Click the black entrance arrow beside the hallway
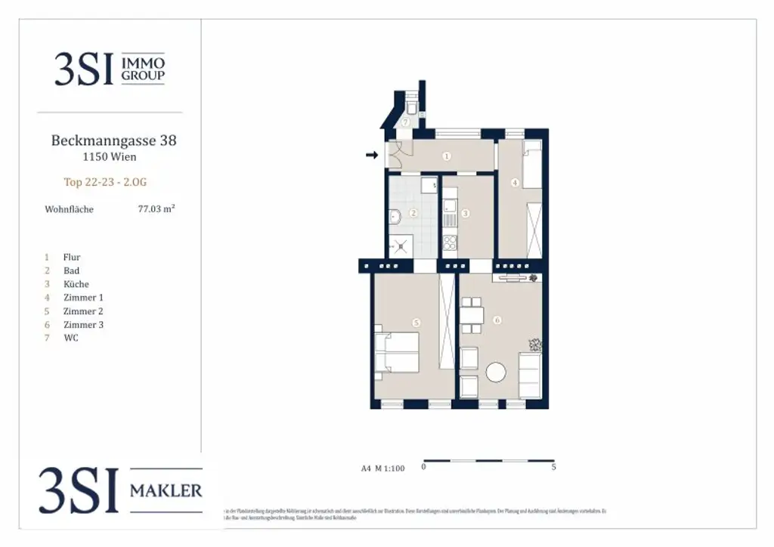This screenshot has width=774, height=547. point(371,156)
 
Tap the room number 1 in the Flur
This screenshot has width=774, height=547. point(447,156)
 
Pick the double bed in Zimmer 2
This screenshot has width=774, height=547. point(399,353)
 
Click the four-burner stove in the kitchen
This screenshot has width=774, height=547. point(450,243)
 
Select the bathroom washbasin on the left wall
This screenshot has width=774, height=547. point(394,216)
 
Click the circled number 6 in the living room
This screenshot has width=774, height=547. point(497,320)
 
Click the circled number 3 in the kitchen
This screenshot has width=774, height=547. point(466,214)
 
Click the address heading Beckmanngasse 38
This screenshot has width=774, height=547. point(113,141)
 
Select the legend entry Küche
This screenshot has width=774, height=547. point(76,284)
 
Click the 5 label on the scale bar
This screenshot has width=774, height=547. point(554,468)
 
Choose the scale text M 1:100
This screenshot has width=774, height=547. point(389,468)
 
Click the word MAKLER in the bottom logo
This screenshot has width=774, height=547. point(166,490)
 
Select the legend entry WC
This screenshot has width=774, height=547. point(71,338)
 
